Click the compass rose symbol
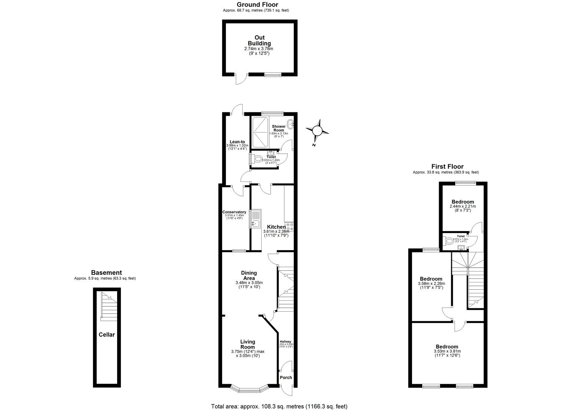click(317, 131)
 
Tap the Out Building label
click(259, 40)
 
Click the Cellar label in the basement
click(107, 334)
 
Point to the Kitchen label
click(276, 227)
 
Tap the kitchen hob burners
click(290, 227)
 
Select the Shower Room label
click(278, 128)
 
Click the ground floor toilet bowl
click(258, 159)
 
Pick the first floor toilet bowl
click(450, 240)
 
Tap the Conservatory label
click(234, 212)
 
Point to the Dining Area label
click(249, 275)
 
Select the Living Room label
click(248, 344)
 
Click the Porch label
click(286, 377)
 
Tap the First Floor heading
click(447, 166)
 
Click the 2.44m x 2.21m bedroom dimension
click(463, 206)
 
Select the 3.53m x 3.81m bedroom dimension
click(447, 351)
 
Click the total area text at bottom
click(279, 406)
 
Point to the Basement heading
click(107, 273)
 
